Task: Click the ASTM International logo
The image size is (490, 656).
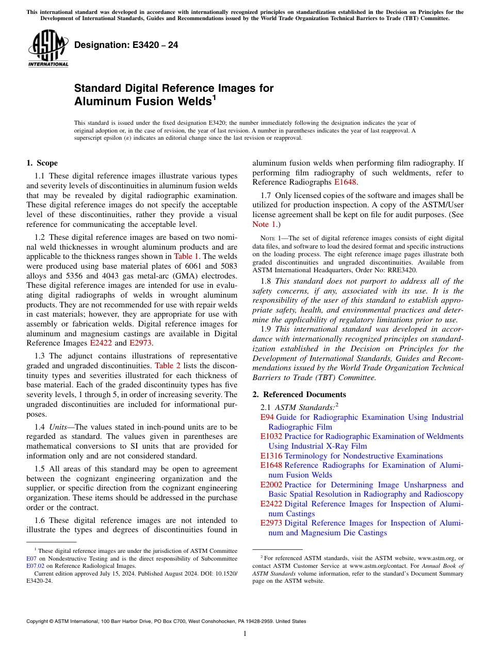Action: (x=48, y=49)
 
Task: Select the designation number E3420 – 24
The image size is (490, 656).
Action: (x=126, y=45)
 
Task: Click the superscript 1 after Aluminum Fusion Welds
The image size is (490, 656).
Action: (x=214, y=97)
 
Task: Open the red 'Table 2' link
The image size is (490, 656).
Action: (x=168, y=366)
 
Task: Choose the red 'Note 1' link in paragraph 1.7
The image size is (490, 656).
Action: (x=261, y=224)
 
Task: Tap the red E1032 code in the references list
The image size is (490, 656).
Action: (x=271, y=436)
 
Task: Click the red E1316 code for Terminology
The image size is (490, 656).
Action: (x=271, y=456)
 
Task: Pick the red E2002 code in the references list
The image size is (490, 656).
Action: (x=271, y=485)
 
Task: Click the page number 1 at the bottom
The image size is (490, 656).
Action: (x=245, y=633)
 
